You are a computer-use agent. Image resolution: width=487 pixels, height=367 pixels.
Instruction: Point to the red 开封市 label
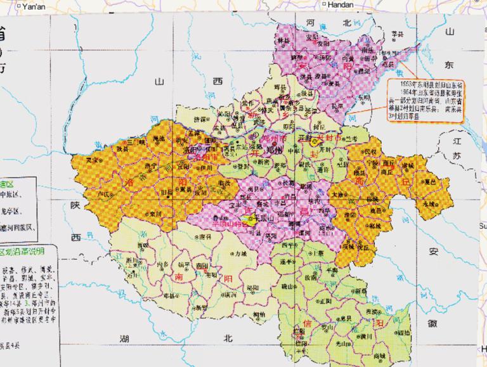click(x=328, y=137)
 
